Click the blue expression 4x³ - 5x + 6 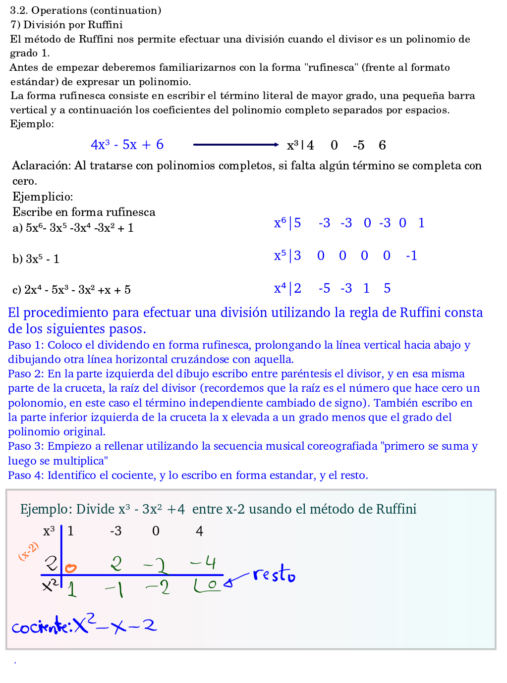(x=127, y=145)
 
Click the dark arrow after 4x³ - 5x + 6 (x=236, y=145)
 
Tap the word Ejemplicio (x=43, y=197)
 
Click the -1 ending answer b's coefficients (x=411, y=256)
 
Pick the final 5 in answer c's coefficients (x=387, y=288)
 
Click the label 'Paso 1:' (x=26, y=345)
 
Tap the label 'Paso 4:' (x=26, y=475)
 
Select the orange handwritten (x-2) (x=29, y=551)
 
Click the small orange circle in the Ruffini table (x=71, y=568)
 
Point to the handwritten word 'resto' (x=274, y=574)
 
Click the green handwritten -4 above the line (x=204, y=562)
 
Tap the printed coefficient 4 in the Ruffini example (x=199, y=531)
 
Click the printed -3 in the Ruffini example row (x=115, y=531)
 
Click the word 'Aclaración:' (x=42, y=165)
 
